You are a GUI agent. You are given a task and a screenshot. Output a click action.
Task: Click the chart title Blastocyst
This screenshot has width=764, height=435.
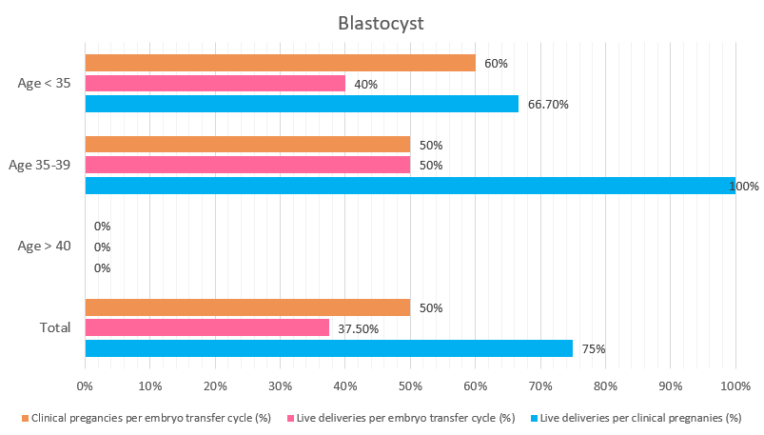pyautogui.click(x=381, y=22)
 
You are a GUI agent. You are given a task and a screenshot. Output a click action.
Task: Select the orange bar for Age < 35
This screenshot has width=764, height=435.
pyautogui.click(x=280, y=63)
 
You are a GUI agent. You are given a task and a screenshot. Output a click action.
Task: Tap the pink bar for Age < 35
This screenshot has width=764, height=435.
pyautogui.click(x=215, y=84)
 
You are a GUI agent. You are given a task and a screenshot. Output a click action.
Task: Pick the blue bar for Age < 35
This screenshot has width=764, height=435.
pyautogui.click(x=302, y=104)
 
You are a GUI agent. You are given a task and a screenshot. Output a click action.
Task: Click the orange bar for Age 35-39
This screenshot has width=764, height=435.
pyautogui.click(x=247, y=145)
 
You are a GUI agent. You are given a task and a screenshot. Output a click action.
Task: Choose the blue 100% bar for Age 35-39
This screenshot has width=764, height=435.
pyautogui.click(x=409, y=186)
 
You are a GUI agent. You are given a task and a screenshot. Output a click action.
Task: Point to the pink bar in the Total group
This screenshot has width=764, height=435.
pyautogui.click(x=206, y=327)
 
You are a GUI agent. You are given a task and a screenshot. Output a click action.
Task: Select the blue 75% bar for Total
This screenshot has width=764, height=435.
pyautogui.click(x=328, y=348)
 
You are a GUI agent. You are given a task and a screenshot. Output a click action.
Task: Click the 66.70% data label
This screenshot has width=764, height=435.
pyautogui.click(x=548, y=105)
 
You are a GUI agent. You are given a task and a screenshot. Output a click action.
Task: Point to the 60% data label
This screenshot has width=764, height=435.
pyautogui.click(x=496, y=64)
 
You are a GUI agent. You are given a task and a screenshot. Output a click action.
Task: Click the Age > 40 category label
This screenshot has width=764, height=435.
pyautogui.click(x=45, y=247)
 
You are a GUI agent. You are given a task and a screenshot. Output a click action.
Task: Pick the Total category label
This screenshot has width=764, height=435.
pyautogui.click(x=55, y=327)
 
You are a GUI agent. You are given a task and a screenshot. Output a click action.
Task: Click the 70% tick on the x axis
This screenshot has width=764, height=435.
pyautogui.click(x=540, y=386)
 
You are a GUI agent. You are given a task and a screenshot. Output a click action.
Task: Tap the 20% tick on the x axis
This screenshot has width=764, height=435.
pyautogui.click(x=215, y=386)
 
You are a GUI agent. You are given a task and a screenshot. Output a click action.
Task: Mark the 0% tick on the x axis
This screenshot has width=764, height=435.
pyautogui.click(x=85, y=386)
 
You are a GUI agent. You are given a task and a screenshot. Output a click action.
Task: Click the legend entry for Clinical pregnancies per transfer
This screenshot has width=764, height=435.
pyautogui.click(x=153, y=418)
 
